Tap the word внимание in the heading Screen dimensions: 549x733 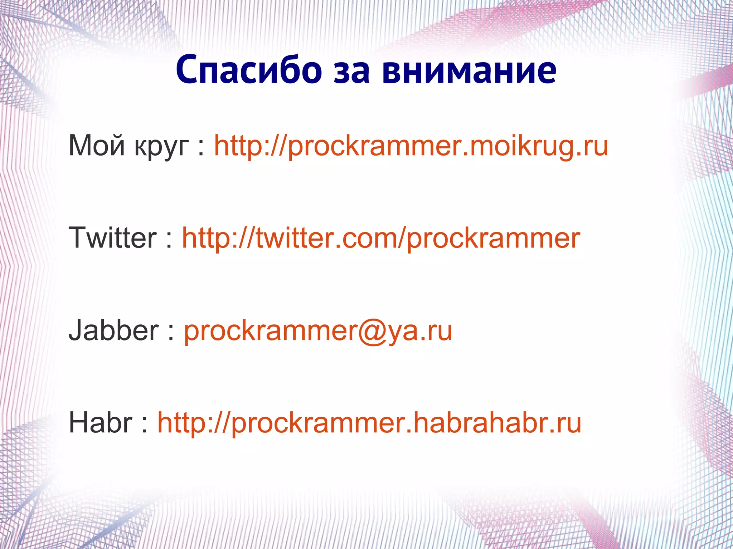click(x=469, y=70)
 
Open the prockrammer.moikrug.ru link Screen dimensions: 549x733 click(x=411, y=146)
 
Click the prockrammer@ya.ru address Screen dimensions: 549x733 click(x=318, y=331)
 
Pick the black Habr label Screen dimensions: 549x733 click(x=101, y=422)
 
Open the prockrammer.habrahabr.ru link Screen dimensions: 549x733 click(x=369, y=423)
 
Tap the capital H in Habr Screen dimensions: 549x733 click(x=79, y=422)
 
